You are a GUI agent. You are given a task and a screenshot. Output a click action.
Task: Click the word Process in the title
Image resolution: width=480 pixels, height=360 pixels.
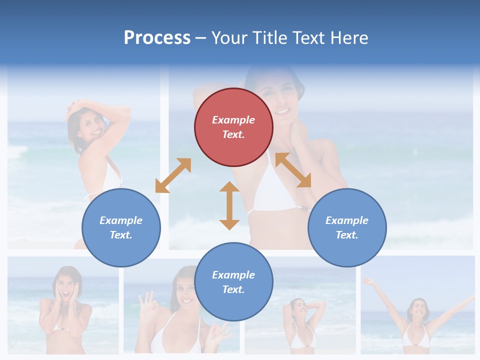click(x=157, y=38)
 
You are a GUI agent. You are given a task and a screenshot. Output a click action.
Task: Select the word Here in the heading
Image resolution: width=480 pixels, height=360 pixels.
click(x=349, y=38)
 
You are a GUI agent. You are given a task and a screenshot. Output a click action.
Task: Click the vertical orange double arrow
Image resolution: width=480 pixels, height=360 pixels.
click(x=229, y=205)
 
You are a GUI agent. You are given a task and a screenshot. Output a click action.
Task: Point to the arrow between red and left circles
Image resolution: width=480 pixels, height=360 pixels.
click(x=173, y=175)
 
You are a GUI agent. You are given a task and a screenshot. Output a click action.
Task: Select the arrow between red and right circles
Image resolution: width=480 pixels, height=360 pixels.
click(x=293, y=170)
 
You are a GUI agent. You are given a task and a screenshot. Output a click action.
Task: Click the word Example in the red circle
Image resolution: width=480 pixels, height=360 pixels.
click(x=233, y=120)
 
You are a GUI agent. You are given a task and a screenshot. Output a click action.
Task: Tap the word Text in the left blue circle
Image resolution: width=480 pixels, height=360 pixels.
click(x=120, y=235)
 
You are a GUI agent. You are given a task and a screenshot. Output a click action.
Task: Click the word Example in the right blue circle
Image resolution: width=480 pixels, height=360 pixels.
click(x=347, y=220)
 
